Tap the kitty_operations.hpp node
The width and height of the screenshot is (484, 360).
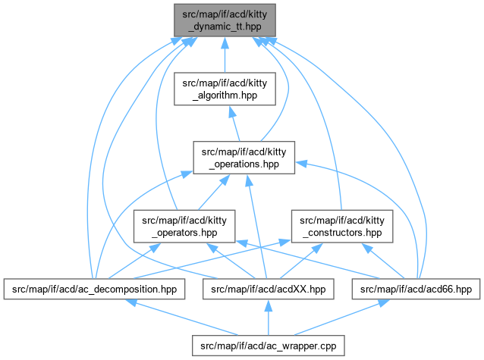[244, 156]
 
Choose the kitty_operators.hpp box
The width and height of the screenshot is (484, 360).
[183, 226]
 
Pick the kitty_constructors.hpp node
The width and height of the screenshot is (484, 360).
[341, 226]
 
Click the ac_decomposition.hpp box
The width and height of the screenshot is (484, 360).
[94, 289]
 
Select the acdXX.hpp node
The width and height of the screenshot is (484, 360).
[268, 289]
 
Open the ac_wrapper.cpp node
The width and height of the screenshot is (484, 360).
[269, 346]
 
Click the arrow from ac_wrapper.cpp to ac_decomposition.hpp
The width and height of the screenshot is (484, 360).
[182, 318]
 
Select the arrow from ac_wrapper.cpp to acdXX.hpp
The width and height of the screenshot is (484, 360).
[268, 318]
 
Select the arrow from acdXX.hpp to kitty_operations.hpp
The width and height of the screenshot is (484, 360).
[256, 227]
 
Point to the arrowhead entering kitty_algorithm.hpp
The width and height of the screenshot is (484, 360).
[228, 110]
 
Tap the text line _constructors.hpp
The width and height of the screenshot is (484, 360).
[341, 232]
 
